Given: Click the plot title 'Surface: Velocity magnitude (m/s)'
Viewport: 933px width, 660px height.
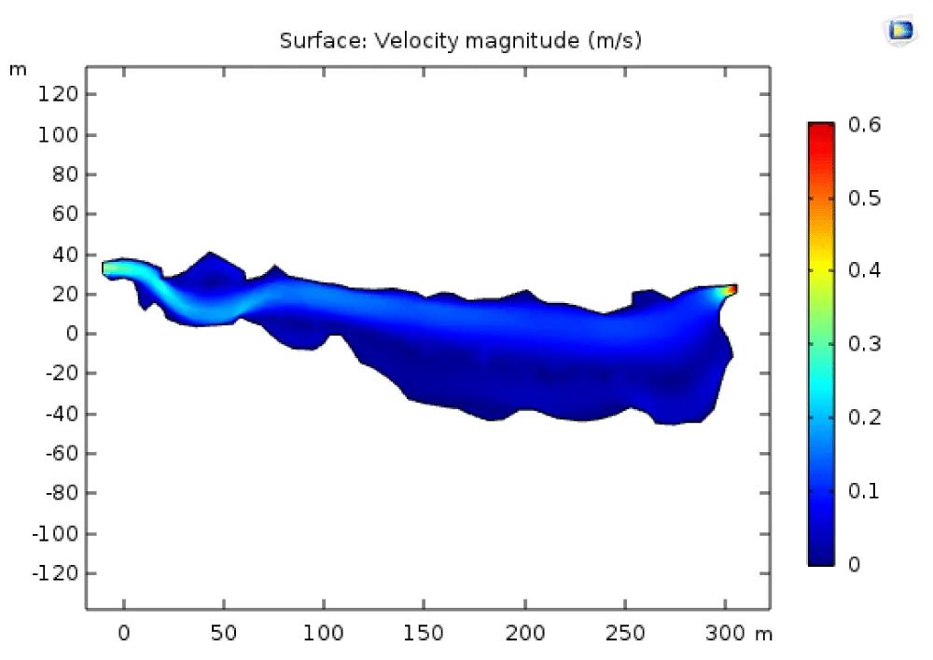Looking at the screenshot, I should pos(461,40).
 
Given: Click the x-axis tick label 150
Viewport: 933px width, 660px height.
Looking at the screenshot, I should pos(425,634).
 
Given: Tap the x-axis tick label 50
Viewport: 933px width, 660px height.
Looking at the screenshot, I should pos(224,634).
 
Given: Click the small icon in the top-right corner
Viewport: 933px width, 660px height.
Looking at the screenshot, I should pos(899,31).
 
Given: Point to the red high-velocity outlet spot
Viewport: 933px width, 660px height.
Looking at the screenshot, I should pos(732,290).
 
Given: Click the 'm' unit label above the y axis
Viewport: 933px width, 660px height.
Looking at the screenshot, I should pos(18,70).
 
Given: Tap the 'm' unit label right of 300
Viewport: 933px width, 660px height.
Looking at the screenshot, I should pos(764,634).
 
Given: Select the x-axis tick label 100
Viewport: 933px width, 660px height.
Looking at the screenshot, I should pos(324,634).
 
